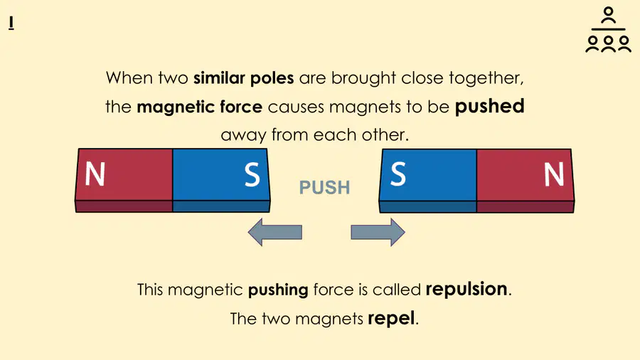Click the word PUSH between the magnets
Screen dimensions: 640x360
tap(324, 187)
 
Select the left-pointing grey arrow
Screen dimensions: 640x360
tap(274, 232)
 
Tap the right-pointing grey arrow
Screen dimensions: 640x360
tap(378, 232)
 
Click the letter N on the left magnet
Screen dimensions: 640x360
tap(95, 174)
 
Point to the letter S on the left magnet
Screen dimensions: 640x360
tap(252, 175)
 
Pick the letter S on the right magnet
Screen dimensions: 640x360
tap(398, 174)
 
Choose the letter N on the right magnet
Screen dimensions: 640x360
tap(554, 174)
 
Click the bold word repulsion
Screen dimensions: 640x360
tap(466, 290)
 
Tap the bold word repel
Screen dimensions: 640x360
tap(391, 318)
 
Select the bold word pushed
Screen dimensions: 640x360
tap(489, 106)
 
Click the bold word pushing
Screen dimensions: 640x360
tap(278, 290)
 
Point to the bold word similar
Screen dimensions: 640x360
tap(219, 78)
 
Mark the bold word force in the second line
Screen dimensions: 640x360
tap(241, 107)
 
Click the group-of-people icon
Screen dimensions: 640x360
tap(608, 30)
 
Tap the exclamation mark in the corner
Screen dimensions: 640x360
tap(11, 23)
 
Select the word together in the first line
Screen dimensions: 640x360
tap(486, 78)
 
